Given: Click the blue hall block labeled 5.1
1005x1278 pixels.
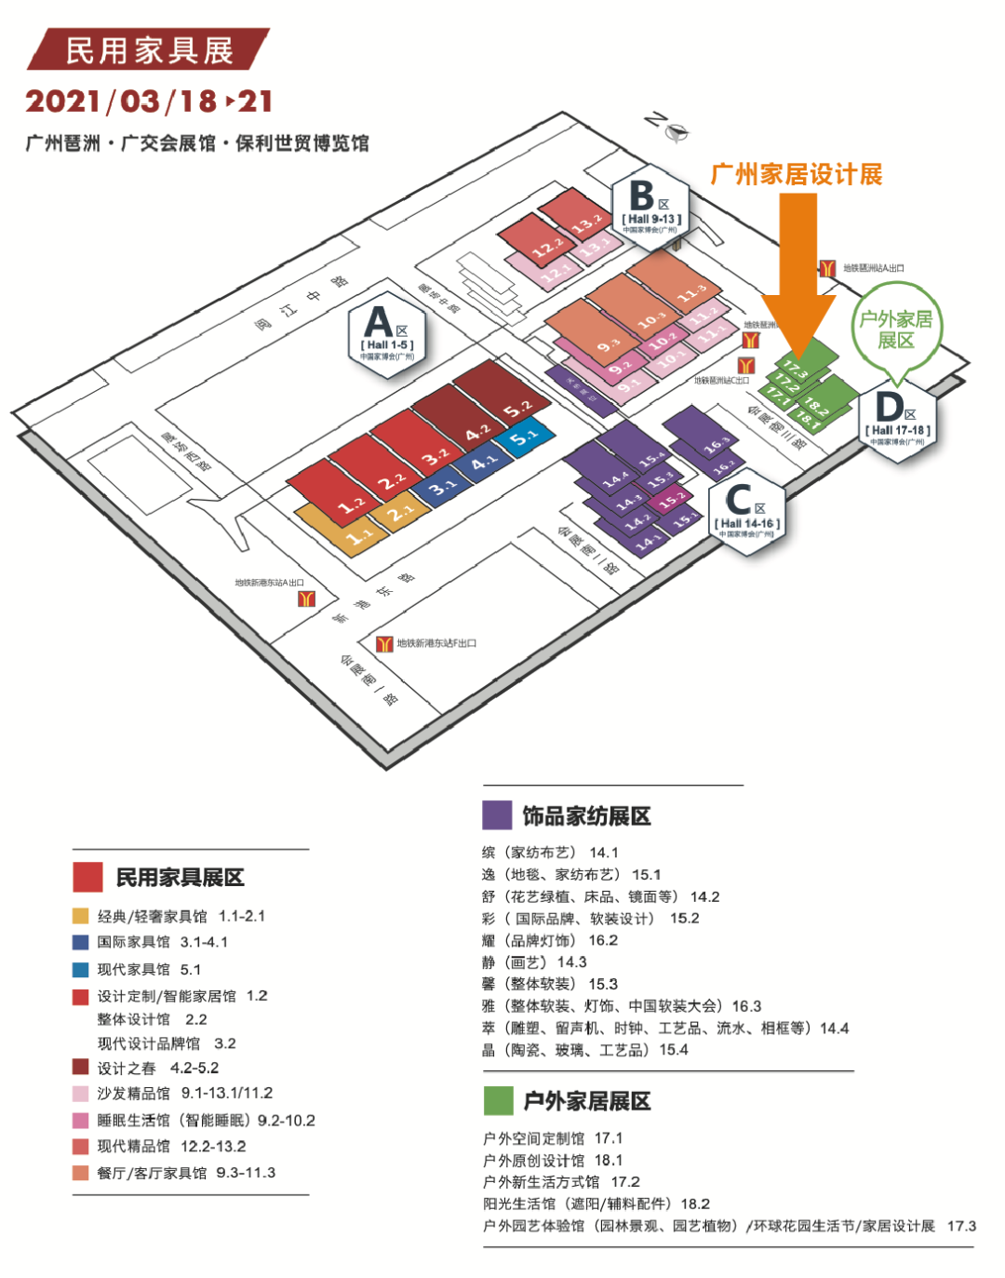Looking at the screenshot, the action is coord(524,436).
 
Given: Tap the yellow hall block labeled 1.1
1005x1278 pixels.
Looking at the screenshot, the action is coord(361,536).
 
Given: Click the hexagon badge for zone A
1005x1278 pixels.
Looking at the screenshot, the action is coord(387,329).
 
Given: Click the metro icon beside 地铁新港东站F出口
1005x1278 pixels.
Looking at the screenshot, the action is coord(384,644).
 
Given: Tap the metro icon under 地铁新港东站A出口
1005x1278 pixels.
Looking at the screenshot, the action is coord(306,599).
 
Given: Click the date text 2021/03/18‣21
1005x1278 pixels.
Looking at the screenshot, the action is coord(149,101).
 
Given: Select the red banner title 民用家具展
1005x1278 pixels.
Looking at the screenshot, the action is coord(149,50).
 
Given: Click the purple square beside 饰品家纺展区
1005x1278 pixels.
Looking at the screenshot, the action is coord(497,815).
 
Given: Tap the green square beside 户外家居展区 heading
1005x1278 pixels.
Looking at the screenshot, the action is coord(498,1100).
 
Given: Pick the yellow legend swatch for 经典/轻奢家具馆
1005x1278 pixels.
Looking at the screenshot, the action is coord(81,916).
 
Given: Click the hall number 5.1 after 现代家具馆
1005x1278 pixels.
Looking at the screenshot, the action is coord(191,969).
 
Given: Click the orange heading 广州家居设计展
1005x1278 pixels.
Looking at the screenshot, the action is coord(796,174).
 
